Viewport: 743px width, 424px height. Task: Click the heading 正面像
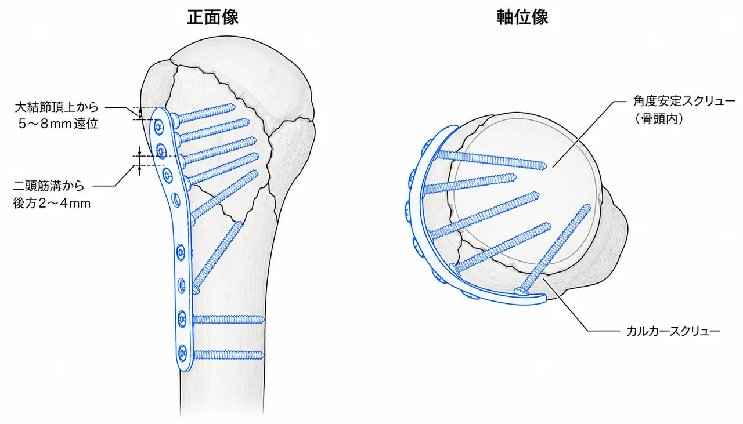[212, 17]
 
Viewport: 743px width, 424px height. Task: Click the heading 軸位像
[522, 17]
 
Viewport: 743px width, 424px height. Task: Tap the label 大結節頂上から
[57, 107]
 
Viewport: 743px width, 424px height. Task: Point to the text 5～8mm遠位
[59, 124]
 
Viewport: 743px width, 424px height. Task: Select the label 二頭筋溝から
[49, 186]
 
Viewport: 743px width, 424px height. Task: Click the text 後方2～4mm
[52, 203]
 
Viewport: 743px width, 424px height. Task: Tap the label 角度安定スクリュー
[684, 102]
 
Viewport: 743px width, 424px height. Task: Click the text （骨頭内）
[659, 119]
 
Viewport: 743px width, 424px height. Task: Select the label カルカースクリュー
[673, 331]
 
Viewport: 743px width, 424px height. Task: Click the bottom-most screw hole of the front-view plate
[182, 353]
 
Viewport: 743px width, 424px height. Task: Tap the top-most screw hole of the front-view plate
[158, 126]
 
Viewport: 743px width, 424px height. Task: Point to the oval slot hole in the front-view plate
[176, 201]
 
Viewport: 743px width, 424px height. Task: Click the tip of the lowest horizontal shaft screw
[264, 356]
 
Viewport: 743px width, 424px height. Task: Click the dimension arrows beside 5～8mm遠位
[140, 114]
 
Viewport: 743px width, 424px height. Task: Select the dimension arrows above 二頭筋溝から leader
[140, 161]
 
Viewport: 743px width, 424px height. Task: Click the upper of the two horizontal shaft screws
[228, 320]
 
